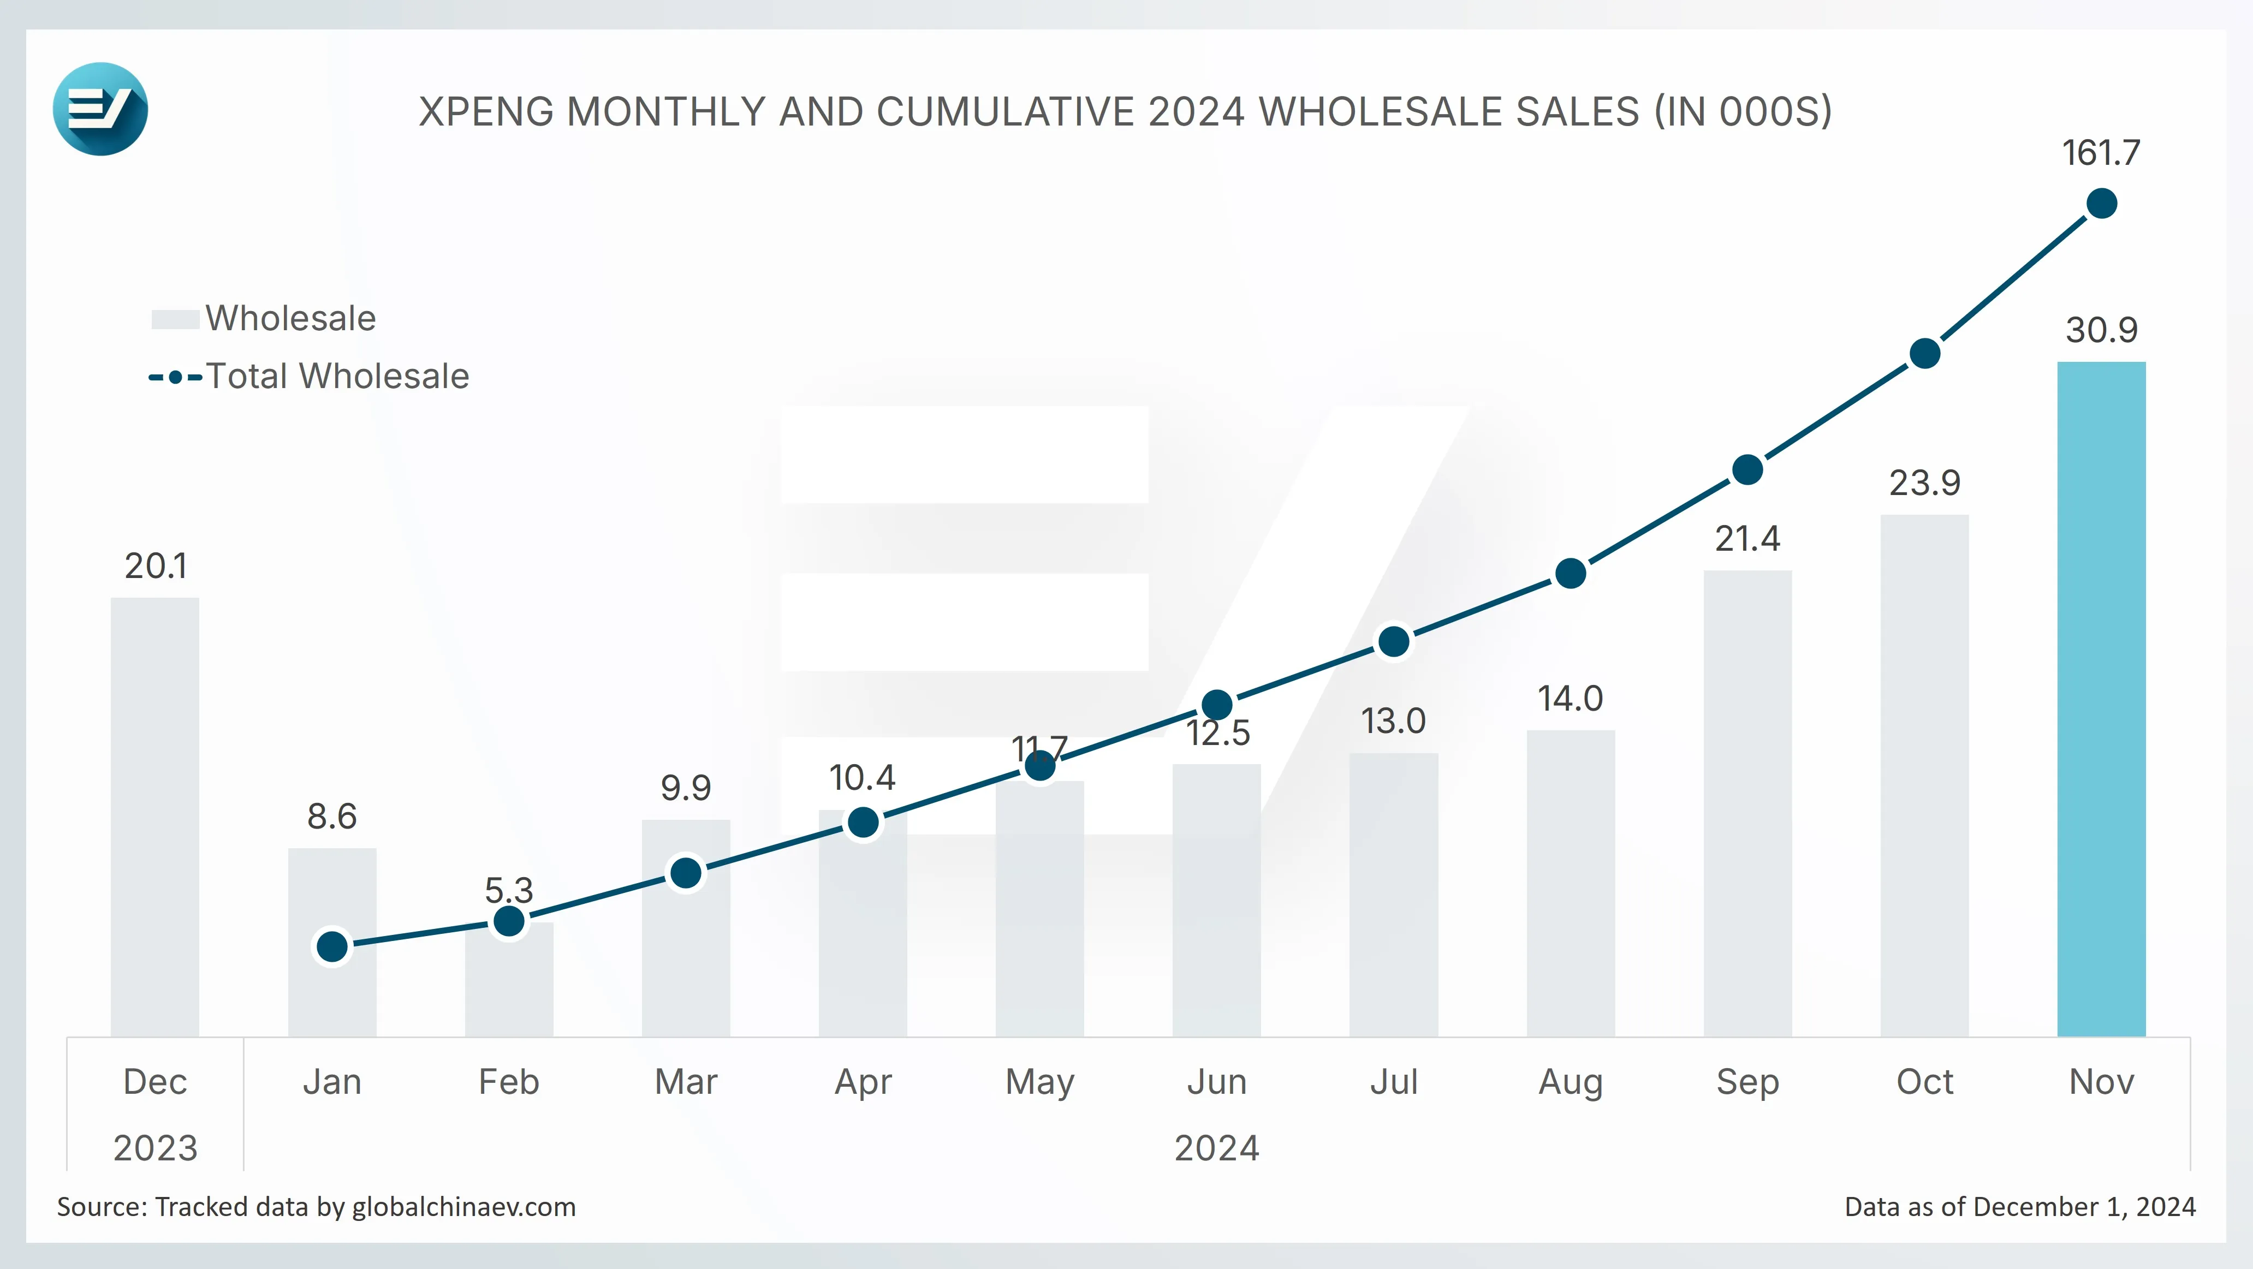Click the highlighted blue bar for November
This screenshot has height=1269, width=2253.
tap(2101, 699)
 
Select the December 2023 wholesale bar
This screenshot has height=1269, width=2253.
tap(155, 817)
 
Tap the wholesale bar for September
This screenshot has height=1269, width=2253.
tap(1747, 804)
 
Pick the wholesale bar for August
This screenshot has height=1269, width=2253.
tap(1571, 883)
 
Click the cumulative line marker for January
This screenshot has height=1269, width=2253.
tap(332, 946)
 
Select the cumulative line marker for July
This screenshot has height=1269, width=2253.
tap(1393, 642)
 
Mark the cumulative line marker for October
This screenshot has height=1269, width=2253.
tap(1925, 353)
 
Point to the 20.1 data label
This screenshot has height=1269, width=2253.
tap(156, 566)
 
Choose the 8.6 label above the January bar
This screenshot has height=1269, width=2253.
tap(332, 816)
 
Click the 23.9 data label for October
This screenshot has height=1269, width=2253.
tap(1925, 482)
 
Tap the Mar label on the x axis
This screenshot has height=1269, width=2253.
tap(686, 1082)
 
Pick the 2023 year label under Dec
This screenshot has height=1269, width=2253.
tap(156, 1147)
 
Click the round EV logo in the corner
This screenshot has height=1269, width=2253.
tap(100, 109)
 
